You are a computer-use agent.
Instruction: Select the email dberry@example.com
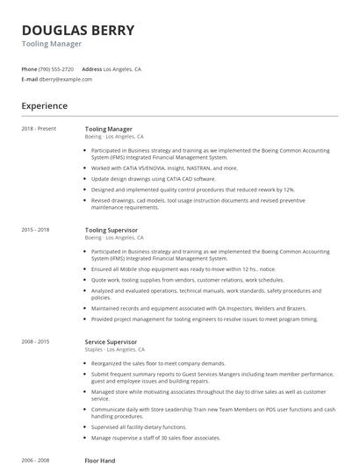tap(65, 79)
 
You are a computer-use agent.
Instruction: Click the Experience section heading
tap(44, 106)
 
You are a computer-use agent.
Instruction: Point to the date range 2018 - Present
tap(39, 129)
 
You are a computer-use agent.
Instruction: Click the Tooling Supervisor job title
tap(111, 229)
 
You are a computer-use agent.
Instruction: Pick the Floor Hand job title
tap(101, 460)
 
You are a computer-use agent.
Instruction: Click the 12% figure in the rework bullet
tap(289, 189)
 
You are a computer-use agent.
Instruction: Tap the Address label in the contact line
tap(91, 68)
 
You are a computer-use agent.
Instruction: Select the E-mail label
tap(29, 79)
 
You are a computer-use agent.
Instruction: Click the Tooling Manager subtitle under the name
tap(52, 44)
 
